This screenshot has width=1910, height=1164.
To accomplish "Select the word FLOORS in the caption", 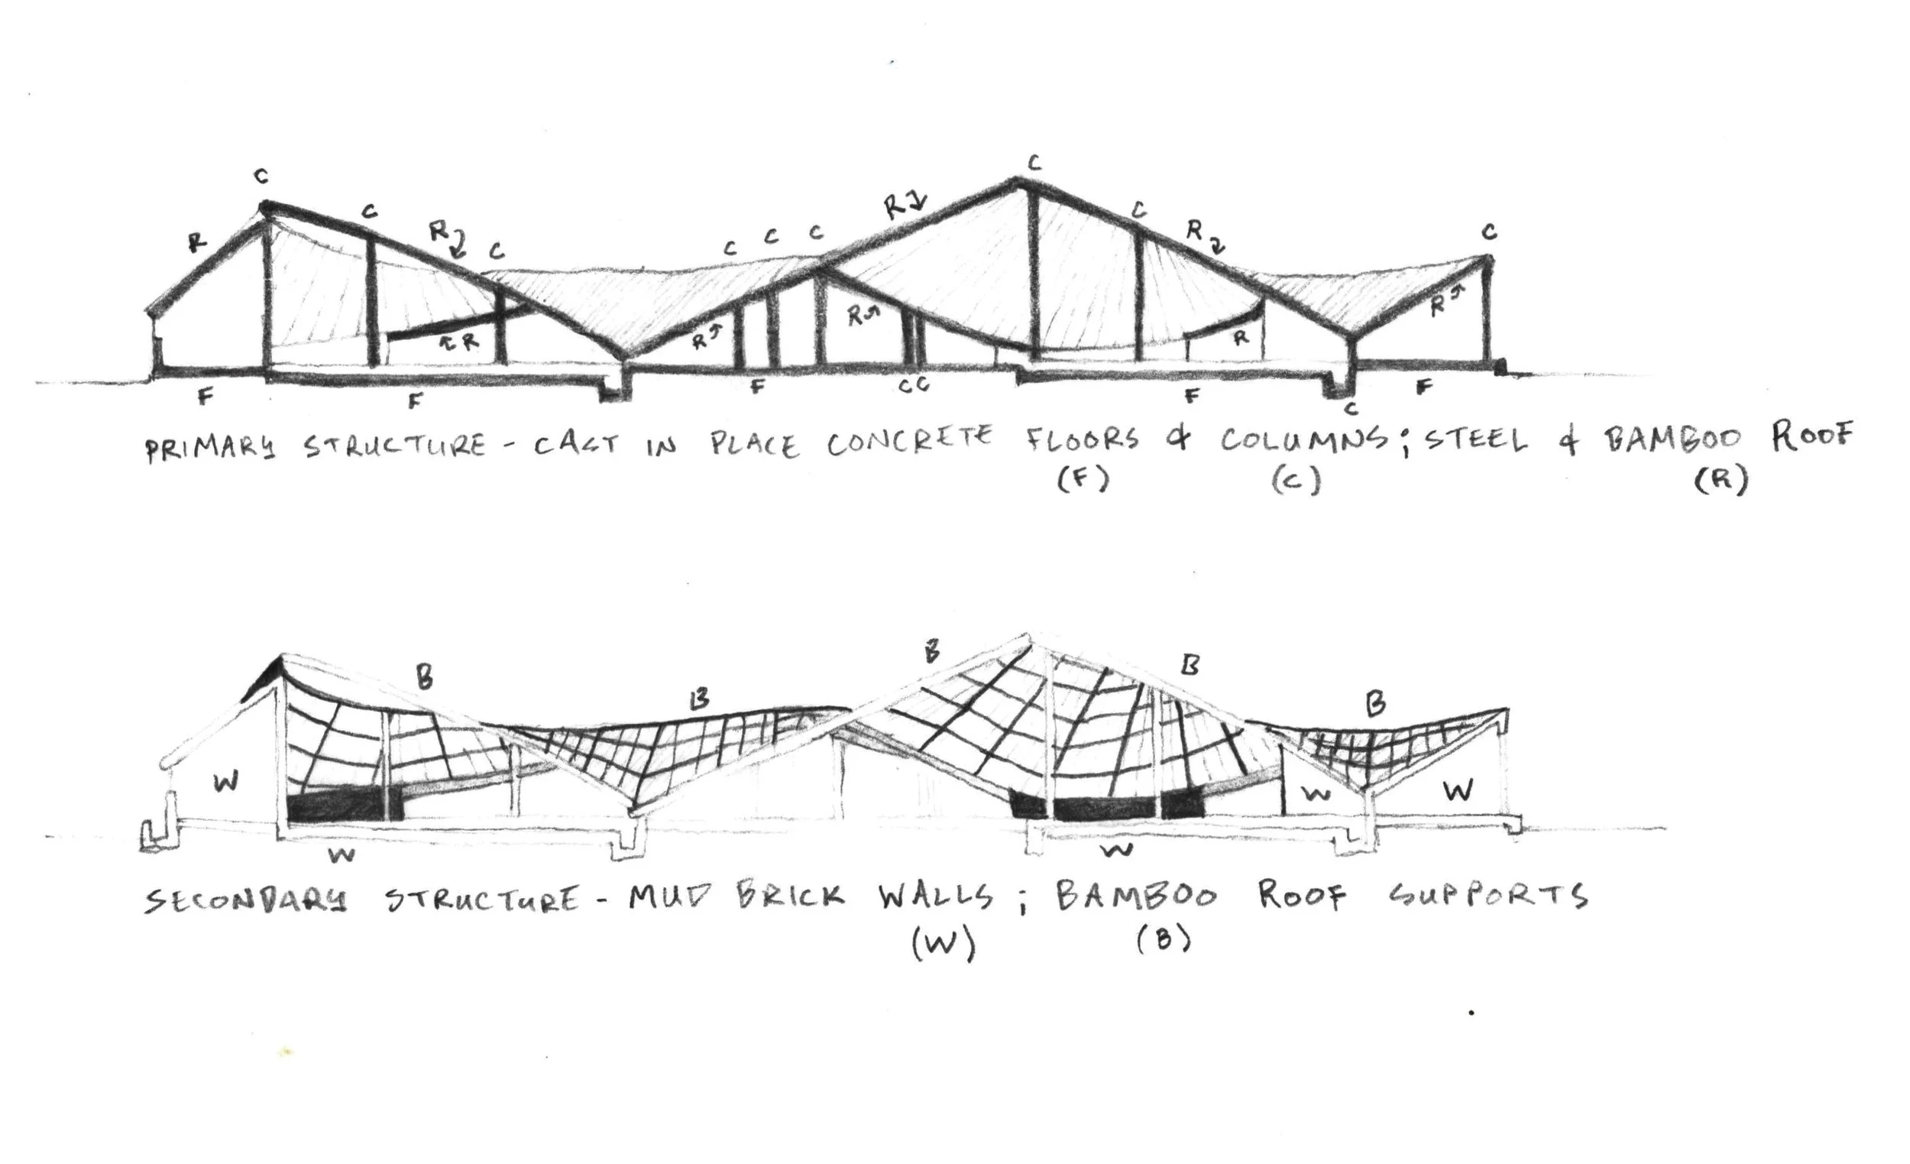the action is click(x=1083, y=439).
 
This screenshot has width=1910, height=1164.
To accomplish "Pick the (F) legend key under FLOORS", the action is click(x=1083, y=480).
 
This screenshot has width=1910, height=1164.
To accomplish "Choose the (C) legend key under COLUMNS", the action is click(x=1296, y=481).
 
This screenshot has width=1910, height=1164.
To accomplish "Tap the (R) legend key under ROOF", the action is click(x=1721, y=481).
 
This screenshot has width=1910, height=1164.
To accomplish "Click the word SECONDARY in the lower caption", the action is click(x=246, y=901).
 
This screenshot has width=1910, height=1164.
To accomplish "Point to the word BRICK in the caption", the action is click(x=789, y=896).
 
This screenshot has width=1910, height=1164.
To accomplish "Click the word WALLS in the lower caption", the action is click(x=936, y=896).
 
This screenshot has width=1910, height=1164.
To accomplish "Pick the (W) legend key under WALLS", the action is click(x=944, y=944).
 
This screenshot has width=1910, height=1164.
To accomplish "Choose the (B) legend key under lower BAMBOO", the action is click(x=1164, y=939).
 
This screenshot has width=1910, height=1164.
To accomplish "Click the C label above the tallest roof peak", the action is click(x=1033, y=163).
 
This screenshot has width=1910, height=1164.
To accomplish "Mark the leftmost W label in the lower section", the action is click(x=225, y=782).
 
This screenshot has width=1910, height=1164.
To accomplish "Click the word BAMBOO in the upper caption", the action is click(x=1672, y=438).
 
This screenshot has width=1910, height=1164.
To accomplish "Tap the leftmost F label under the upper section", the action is click(x=205, y=397).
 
